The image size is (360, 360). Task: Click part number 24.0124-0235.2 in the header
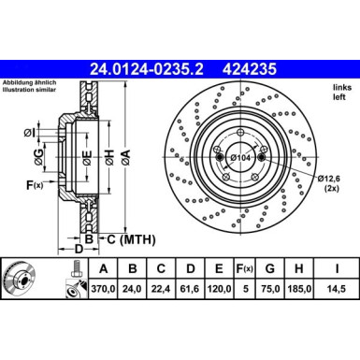[137, 67]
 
